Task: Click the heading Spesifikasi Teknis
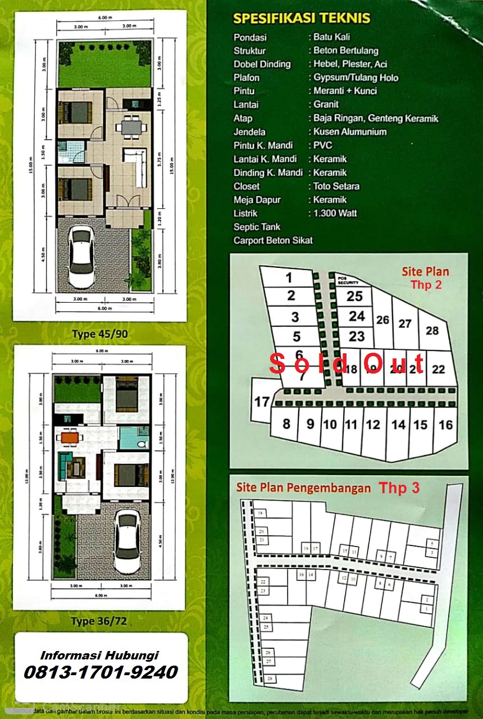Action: point(302,18)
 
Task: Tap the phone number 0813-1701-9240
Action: point(101,672)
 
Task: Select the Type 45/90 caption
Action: point(100,334)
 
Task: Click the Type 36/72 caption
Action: point(99,621)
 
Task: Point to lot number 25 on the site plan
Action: point(354,296)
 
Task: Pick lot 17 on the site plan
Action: point(262,402)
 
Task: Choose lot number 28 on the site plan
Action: point(432,330)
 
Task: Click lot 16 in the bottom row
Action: point(445,425)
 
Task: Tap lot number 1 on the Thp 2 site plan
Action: point(289,277)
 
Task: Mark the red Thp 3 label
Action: point(399,488)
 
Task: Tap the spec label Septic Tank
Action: point(257,227)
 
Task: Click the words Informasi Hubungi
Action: point(99,655)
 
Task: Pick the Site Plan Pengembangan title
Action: point(303,488)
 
